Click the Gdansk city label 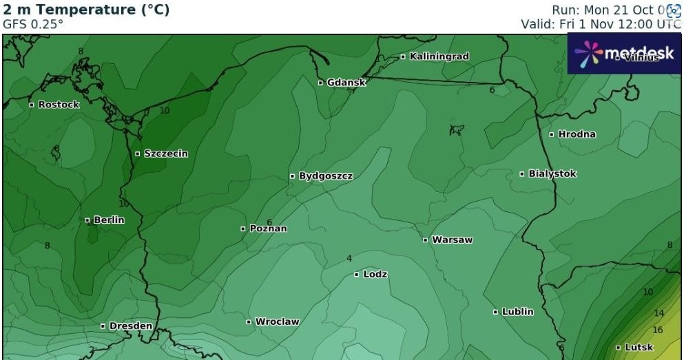tap(346, 83)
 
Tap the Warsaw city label tap(452, 240)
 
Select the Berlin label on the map tap(109, 220)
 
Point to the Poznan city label tap(268, 229)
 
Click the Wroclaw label tap(277, 321)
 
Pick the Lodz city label tap(375, 274)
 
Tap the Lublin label tap(517, 312)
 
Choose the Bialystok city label tap(552, 174)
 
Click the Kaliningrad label tap(439, 56)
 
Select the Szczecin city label tap(165, 153)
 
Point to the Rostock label tap(59, 105)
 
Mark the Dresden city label tap(130, 326)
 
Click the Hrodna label tap(577, 134)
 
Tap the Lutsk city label tap(638, 348)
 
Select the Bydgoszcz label tap(325, 176)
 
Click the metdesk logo tap(623, 54)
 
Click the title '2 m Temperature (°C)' tap(86, 10)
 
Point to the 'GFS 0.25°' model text tap(33, 23)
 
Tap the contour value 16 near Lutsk tap(658, 330)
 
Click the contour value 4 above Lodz tap(349, 259)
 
